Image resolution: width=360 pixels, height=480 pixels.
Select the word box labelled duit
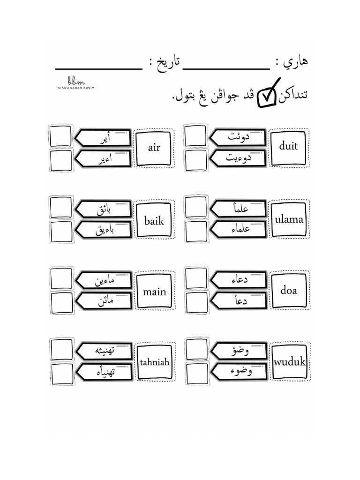[288, 146]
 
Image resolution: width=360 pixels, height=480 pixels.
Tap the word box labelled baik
[154, 220]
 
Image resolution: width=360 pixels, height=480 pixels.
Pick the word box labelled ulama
[289, 219]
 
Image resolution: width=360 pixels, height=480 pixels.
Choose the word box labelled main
[154, 292]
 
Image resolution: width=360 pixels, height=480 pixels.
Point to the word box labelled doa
[289, 291]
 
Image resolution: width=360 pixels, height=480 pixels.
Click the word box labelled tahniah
[154, 362]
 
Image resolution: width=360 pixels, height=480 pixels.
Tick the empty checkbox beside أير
[61, 136]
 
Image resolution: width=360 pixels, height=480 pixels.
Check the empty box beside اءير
[61, 160]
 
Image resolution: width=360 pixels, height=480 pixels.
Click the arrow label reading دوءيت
[237, 158]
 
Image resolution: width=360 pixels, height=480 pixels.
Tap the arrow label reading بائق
[103, 209]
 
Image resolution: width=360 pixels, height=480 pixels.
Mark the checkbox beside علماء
[195, 230]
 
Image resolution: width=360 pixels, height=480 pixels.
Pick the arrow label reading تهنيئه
[103, 351]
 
